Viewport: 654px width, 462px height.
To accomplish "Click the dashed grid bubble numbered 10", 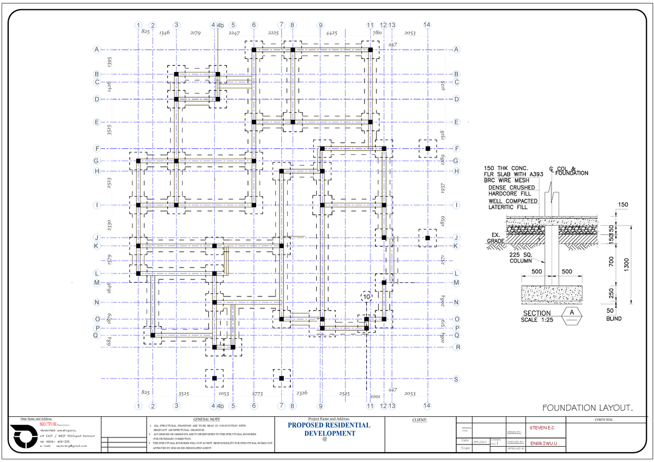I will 366,296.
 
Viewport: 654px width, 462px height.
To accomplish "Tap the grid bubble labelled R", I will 457,347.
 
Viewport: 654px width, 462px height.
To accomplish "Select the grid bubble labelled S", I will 456,379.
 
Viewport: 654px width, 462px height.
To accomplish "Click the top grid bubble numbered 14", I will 426,25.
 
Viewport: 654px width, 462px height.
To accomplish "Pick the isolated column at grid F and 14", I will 428,148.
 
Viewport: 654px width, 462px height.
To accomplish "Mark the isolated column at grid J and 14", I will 428,238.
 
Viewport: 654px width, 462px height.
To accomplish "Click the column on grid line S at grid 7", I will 281,378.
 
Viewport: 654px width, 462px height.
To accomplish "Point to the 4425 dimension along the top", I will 331,33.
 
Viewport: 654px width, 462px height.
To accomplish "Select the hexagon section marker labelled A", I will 572,316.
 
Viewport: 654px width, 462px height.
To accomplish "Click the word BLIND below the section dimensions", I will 613,319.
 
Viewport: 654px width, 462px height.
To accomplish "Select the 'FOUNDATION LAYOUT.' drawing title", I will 588,408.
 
